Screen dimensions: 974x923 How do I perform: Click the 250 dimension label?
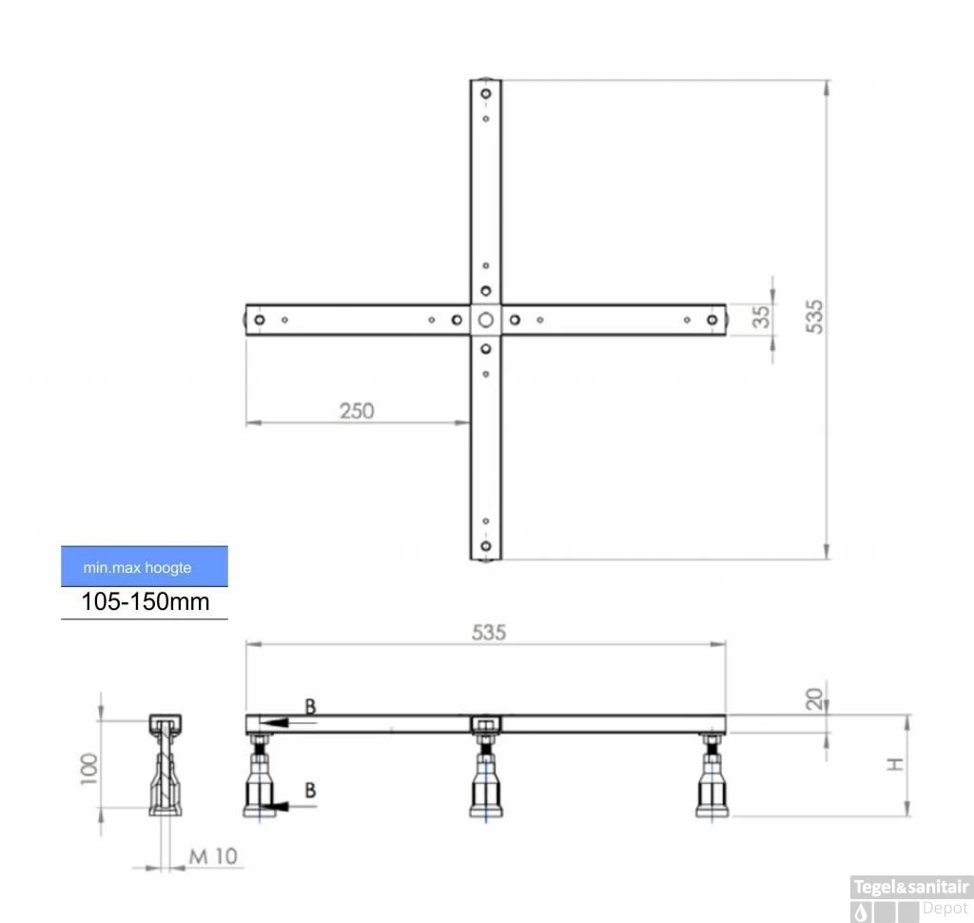(357, 411)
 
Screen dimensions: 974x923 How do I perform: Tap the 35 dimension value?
(761, 317)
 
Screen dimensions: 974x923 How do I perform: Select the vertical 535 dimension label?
(814, 317)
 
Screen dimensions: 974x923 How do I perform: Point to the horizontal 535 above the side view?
(489, 633)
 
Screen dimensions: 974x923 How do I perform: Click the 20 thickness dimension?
(814, 699)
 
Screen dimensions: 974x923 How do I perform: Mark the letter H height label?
(894, 764)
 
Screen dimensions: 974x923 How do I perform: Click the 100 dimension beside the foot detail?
(89, 769)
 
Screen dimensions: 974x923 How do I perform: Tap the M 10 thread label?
(213, 856)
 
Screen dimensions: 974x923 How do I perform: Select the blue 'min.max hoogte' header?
(145, 566)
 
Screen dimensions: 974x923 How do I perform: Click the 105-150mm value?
(146, 601)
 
